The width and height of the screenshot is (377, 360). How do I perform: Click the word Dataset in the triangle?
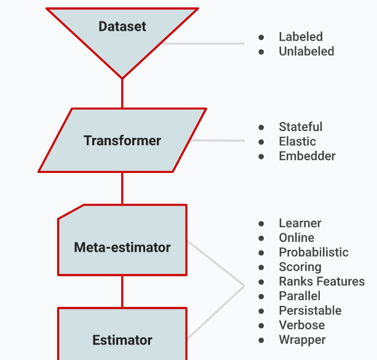pos(122,26)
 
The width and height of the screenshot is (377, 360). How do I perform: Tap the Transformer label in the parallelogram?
pos(122,141)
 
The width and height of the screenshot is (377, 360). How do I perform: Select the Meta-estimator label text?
pos(122,247)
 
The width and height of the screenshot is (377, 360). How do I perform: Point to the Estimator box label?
pos(122,340)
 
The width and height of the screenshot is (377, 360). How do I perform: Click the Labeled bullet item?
pos(301,37)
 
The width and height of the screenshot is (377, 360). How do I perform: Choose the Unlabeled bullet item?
pos(306,52)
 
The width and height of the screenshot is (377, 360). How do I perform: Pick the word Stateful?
pos(300,127)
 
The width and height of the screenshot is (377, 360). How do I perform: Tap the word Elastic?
pos(297,142)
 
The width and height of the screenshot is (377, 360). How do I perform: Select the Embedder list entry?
pos(307,156)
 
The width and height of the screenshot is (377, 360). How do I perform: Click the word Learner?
pos(300,223)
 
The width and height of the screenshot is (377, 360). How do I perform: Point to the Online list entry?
pos(296,238)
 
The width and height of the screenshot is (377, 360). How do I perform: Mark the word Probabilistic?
pos(314,252)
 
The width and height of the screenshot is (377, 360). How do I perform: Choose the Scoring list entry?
pos(300,267)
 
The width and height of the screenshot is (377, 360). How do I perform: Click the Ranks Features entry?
pos(322,282)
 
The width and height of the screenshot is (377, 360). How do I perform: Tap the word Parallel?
pos(300,296)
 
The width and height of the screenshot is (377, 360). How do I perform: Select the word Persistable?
pos(310,311)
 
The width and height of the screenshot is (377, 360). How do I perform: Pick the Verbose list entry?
pos(302,326)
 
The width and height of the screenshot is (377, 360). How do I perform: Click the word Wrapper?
pos(302,340)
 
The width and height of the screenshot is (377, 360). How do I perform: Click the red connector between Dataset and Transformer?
pos(122,94)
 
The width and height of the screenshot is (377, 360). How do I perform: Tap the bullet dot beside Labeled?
pos(261,38)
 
